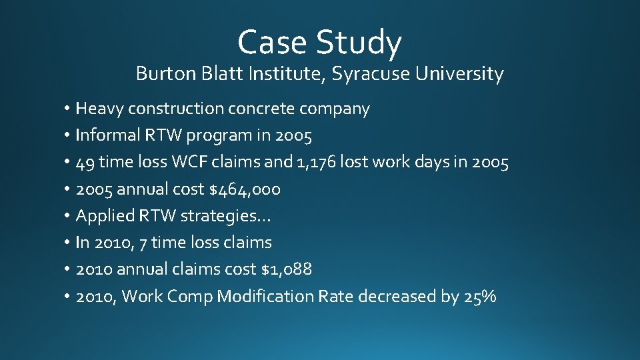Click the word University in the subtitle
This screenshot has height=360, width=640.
[459, 74]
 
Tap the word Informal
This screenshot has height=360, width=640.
[107, 135]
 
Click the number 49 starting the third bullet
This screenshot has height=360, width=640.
[86, 162]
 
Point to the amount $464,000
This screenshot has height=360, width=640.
[245, 189]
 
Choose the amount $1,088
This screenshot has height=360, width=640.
[287, 269]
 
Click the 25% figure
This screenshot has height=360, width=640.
[479, 297]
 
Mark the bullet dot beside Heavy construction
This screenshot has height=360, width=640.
[68, 109]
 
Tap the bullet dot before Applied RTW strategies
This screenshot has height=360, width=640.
[68, 216]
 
